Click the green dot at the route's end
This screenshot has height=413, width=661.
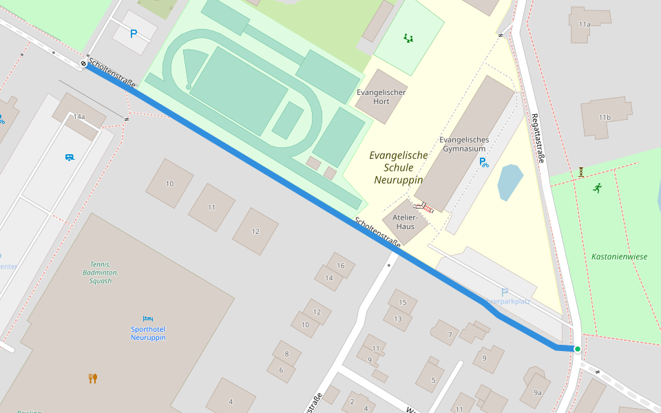click(x=577, y=349)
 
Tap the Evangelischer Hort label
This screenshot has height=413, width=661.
click(x=381, y=96)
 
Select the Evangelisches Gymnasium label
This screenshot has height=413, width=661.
click(x=463, y=144)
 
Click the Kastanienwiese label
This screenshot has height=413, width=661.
click(x=619, y=257)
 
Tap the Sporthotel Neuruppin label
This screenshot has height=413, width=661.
click(x=148, y=333)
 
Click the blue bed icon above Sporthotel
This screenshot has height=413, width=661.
click(x=148, y=319)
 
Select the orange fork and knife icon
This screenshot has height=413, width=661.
click(x=93, y=378)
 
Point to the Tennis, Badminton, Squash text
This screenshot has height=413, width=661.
click(x=101, y=273)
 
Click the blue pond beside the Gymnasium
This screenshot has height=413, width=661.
click(x=510, y=182)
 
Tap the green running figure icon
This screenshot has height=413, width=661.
click(x=597, y=187)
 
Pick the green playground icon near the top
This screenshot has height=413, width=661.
click(x=409, y=39)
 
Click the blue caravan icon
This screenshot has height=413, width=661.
click(x=70, y=158)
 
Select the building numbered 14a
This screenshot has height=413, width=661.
click(x=79, y=117)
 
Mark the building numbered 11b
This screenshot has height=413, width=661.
click(x=605, y=118)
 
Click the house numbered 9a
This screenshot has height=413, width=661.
click(x=537, y=392)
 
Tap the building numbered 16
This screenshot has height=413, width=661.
click(x=340, y=266)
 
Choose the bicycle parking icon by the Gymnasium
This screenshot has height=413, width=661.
click(x=484, y=163)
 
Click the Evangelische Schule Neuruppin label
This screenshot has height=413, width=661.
click(x=398, y=167)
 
